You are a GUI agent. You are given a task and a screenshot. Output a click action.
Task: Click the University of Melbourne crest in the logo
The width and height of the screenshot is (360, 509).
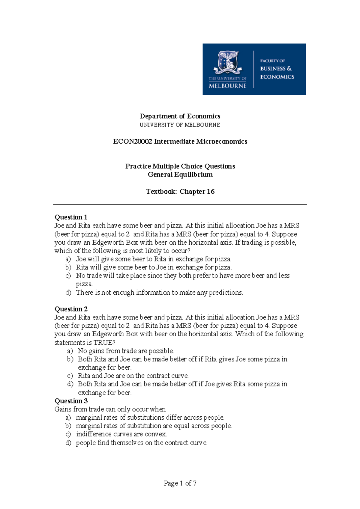(228, 62)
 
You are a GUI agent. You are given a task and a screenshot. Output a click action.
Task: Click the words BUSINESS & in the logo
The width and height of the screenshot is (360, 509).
(276, 69)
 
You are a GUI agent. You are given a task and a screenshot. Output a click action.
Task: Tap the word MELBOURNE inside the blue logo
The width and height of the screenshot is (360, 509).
(227, 86)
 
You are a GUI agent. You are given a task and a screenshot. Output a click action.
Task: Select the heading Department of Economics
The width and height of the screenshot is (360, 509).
(180, 116)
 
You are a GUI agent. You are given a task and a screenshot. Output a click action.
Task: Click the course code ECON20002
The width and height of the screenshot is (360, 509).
(133, 141)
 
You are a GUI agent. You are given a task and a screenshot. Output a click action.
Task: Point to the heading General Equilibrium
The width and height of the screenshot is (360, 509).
(180, 175)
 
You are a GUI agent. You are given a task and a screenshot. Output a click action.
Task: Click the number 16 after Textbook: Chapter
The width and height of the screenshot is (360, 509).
(211, 192)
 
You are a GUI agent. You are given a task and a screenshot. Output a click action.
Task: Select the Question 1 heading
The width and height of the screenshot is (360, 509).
(71, 217)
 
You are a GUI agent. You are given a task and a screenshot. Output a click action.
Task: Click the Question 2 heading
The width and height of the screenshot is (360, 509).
(71, 309)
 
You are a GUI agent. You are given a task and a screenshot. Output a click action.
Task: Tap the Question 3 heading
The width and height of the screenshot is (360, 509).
(71, 401)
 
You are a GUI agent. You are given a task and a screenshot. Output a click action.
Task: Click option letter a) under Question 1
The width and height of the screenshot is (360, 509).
(68, 259)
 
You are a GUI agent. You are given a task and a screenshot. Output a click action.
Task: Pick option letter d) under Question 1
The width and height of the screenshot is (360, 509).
(68, 293)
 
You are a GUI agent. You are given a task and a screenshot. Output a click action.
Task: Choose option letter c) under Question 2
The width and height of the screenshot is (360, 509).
(70, 376)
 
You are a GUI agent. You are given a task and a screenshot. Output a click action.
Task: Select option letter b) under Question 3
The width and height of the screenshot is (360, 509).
(68, 426)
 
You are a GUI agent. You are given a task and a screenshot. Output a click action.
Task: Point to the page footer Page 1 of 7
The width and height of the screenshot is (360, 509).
(180, 483)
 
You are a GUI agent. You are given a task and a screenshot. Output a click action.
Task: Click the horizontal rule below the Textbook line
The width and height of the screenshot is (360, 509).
(180, 204)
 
